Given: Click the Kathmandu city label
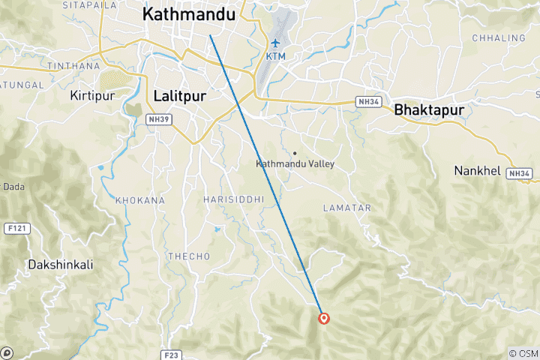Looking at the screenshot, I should click(x=188, y=13).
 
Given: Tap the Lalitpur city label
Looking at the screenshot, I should click(x=179, y=95).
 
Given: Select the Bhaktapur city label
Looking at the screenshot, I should click(x=428, y=109).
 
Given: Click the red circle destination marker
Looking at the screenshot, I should click(x=324, y=318).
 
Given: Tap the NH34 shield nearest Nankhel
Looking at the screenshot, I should click(x=519, y=173).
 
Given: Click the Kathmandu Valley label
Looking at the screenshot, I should click(x=295, y=163).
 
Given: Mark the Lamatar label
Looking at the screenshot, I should click(x=341, y=206).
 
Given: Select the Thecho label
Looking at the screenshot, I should click(x=189, y=256).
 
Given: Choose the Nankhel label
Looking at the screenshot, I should click(x=477, y=171).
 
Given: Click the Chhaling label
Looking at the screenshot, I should click(x=499, y=37).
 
